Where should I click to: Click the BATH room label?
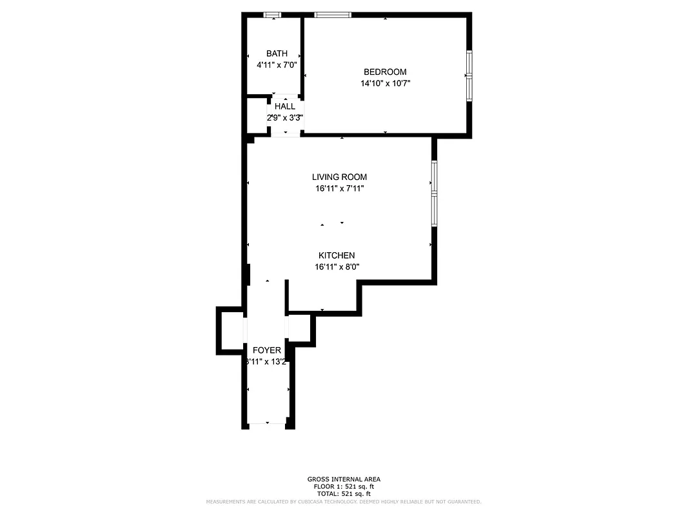[x=277, y=54]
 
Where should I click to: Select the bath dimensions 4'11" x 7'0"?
[x=277, y=64]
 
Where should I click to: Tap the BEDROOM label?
[x=385, y=72]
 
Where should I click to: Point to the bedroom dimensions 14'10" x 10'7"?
[x=386, y=83]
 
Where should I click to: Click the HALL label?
[x=285, y=106]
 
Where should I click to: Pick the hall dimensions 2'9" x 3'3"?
[x=285, y=117]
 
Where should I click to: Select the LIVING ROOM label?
[x=339, y=177]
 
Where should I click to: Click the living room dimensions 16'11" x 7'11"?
[x=339, y=188]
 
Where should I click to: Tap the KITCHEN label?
[x=337, y=255]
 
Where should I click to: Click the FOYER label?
[x=267, y=350]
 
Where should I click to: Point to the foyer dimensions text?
[x=266, y=362]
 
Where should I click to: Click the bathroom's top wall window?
[x=273, y=15]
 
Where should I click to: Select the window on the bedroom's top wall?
[x=333, y=15]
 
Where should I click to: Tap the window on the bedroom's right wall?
[x=469, y=75]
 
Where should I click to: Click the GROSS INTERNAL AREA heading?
[x=344, y=479]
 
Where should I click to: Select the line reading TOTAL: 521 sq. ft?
[x=344, y=493]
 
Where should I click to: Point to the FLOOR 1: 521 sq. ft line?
[x=344, y=486]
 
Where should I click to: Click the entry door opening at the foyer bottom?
[x=268, y=424]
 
